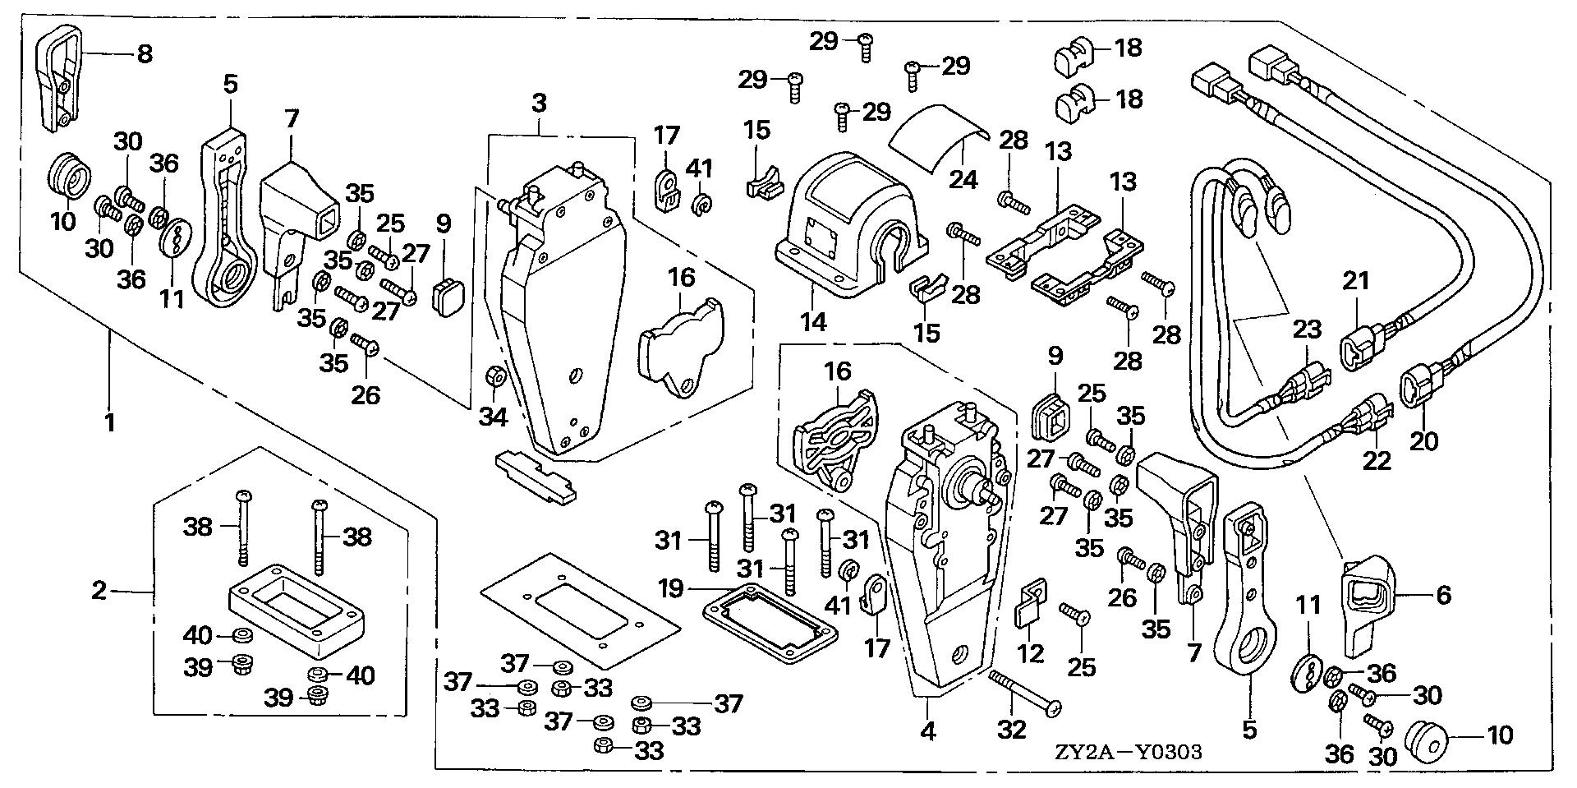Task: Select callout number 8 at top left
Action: [144, 55]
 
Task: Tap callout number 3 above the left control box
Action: [538, 104]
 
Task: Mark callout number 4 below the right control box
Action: [928, 730]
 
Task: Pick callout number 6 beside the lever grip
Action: [1443, 594]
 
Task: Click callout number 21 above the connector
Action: [1356, 282]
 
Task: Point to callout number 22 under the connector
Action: [1377, 459]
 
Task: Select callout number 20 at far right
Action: [1424, 441]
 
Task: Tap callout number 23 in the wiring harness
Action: [1307, 329]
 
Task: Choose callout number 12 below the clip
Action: [1031, 653]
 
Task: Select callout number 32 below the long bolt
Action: [1011, 729]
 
